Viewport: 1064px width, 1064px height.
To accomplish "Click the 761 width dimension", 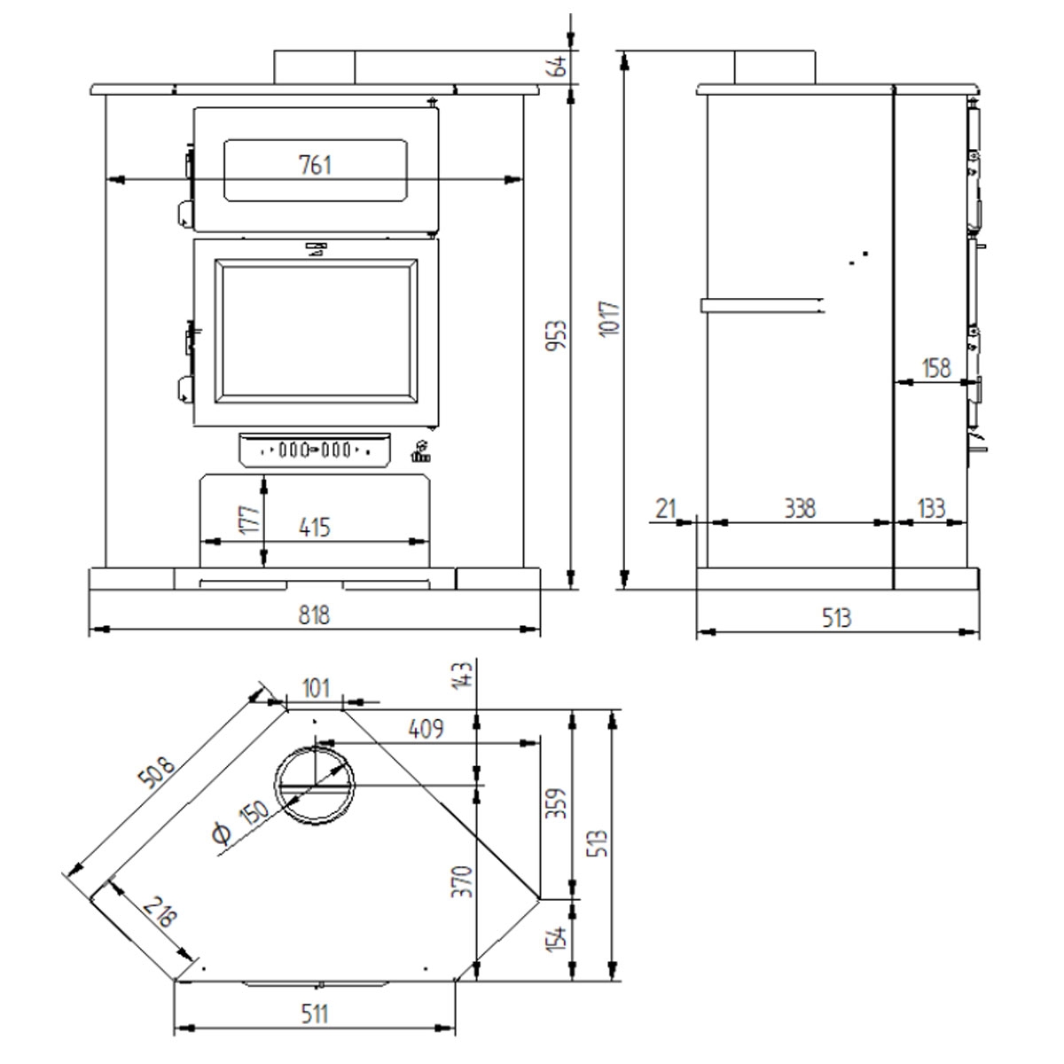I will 316,166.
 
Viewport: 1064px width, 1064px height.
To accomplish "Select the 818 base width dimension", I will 314,614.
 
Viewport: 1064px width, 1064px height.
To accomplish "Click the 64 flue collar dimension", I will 559,66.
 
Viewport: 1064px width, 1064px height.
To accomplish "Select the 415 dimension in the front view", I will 314,528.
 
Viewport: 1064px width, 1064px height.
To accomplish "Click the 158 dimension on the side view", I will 936,368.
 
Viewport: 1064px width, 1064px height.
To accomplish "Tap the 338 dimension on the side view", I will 799,509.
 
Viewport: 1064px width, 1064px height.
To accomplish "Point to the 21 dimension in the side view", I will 666,509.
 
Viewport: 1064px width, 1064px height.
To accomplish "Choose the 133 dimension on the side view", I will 931,509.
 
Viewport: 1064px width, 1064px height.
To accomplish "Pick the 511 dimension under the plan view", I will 314,1013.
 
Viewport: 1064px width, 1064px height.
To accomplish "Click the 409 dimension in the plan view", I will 426,729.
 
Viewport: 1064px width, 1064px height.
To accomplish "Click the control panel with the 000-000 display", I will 314,450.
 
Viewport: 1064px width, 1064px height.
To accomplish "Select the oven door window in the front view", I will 316,169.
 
